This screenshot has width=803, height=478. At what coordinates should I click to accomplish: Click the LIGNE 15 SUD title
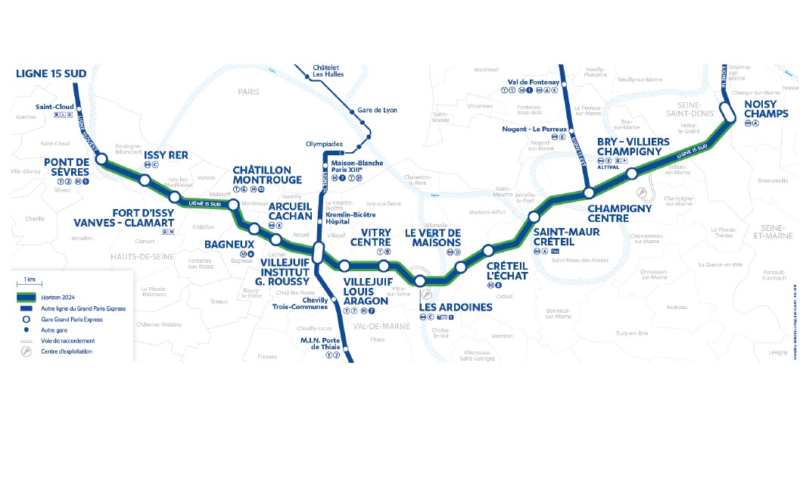[x=51, y=73]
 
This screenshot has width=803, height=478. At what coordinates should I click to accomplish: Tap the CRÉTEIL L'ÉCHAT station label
[x=506, y=270]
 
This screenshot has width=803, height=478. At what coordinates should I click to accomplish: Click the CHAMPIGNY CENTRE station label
[x=619, y=213]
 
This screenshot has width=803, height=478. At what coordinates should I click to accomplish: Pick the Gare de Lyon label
[x=378, y=111]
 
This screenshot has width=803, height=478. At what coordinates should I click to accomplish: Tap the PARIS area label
[x=248, y=92]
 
